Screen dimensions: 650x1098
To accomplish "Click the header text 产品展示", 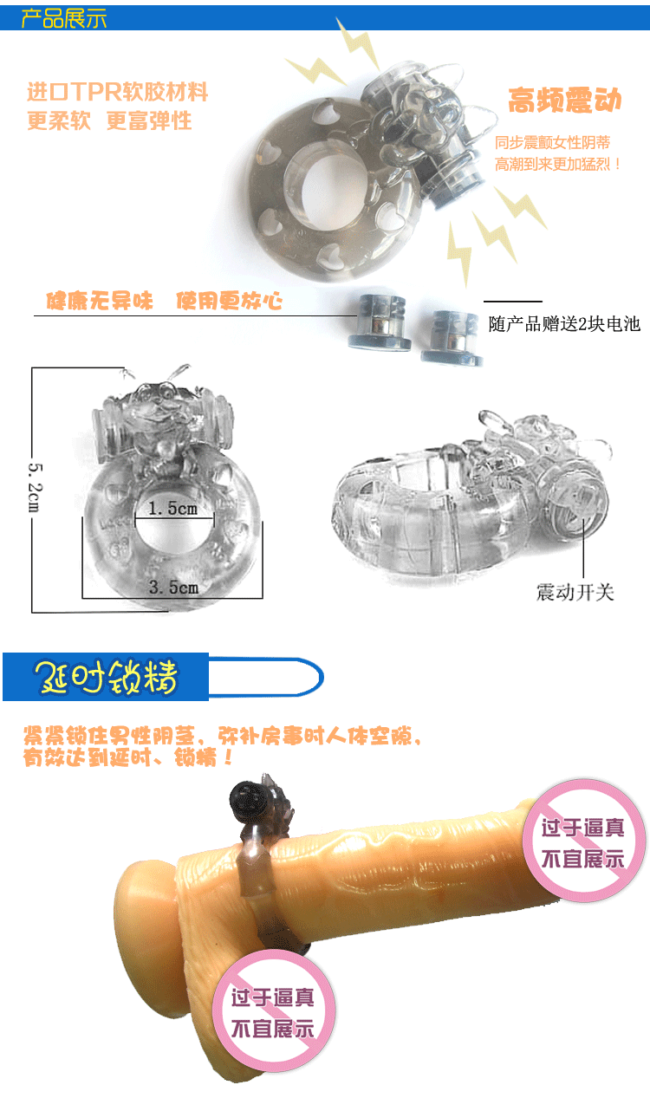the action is tap(64, 18).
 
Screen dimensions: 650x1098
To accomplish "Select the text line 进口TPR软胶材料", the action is tap(118, 92).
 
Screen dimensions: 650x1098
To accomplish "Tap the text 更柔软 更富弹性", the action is tap(109, 120).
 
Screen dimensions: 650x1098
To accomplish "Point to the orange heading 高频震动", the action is tap(565, 100).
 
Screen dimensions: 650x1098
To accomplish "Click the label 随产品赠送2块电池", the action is tap(564, 324).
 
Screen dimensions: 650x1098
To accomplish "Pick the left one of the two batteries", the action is tap(380, 322).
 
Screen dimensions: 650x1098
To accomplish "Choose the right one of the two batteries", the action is tap(451, 338).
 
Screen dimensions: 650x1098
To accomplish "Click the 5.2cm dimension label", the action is tap(35, 487).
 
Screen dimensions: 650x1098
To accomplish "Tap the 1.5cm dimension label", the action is tap(172, 509).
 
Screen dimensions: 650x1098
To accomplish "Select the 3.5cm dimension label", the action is tap(173, 587).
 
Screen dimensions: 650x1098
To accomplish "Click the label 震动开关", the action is tap(575, 592).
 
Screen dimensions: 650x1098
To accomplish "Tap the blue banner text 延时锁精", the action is tap(106, 677).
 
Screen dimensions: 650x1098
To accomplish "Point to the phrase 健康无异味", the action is tap(100, 301).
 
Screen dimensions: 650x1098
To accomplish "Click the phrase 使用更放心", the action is tap(230, 301).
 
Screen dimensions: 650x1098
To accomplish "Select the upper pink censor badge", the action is tap(583, 841).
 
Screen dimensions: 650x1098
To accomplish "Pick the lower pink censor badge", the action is tap(273, 1010).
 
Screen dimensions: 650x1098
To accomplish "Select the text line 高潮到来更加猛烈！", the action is tap(558, 164).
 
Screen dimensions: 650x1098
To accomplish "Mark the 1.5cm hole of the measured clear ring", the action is tap(174, 524).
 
